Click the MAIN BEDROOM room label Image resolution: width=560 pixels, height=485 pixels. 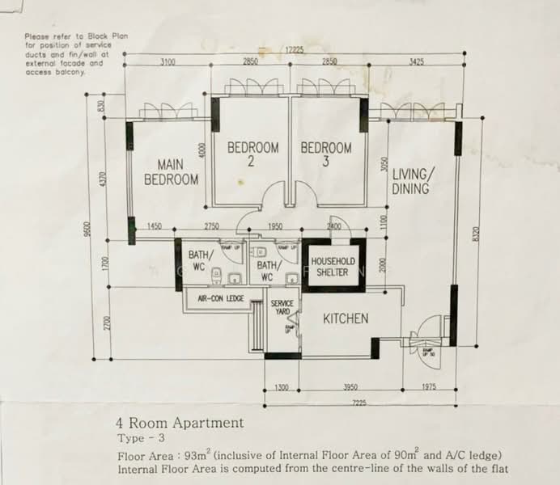tap(171, 171)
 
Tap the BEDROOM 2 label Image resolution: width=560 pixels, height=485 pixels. tap(252, 154)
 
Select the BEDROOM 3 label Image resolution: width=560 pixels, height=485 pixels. tap(326, 154)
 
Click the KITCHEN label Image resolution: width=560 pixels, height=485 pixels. tap(346, 318)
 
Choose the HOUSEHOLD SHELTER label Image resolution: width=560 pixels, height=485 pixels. tap(333, 267)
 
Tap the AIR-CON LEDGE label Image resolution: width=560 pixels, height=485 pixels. tap(215, 298)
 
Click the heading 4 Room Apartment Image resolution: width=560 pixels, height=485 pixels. tap(180, 422)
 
